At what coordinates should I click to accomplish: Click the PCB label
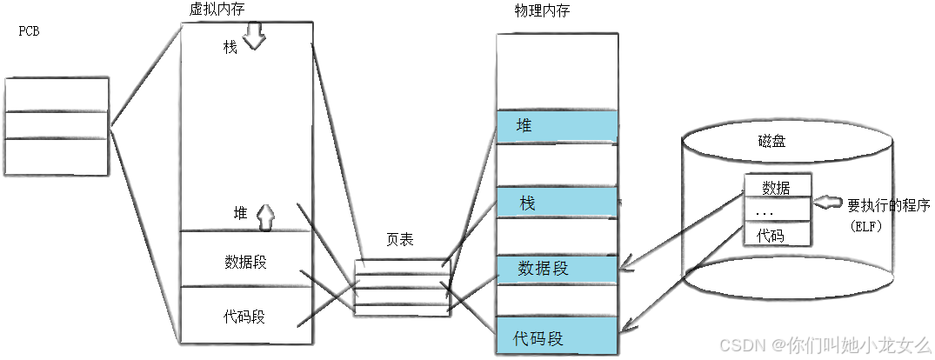(x=30, y=32)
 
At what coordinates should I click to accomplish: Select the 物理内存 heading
(x=543, y=10)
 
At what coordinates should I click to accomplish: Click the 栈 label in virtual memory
(x=230, y=47)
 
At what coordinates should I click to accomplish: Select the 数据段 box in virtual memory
(x=245, y=261)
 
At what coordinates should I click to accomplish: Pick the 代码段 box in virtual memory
(x=245, y=317)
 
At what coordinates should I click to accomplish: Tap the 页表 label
(x=399, y=240)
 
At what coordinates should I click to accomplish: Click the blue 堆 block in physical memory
(x=557, y=126)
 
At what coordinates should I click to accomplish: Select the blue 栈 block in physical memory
(x=557, y=203)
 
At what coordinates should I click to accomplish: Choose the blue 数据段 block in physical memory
(x=557, y=268)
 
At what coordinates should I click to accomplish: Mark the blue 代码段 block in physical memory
(x=557, y=337)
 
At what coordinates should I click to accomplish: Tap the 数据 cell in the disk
(x=777, y=186)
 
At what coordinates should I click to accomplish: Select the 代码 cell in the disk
(x=777, y=235)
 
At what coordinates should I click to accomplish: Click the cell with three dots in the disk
(x=777, y=210)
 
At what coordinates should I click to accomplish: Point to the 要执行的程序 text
(x=889, y=206)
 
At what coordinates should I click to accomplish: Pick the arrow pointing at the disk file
(x=826, y=204)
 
